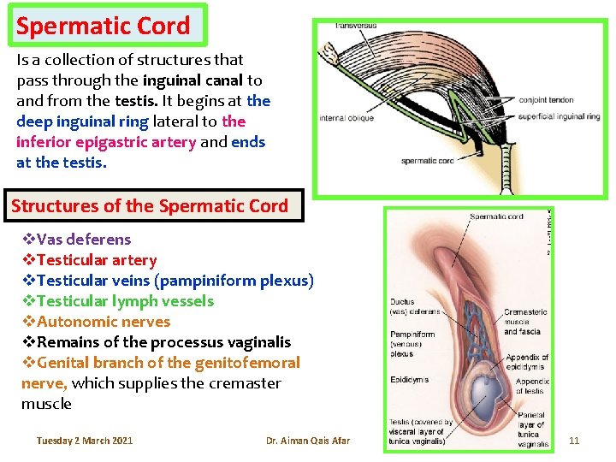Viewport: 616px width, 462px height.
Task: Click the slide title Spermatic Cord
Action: pyautogui.click(x=104, y=26)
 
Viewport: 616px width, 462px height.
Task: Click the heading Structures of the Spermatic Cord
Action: pyautogui.click(x=150, y=206)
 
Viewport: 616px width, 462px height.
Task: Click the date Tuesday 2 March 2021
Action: pyautogui.click(x=85, y=441)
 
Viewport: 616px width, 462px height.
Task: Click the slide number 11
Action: pyautogui.click(x=574, y=441)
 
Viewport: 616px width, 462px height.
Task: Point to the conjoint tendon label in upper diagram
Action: pyautogui.click(x=548, y=100)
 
